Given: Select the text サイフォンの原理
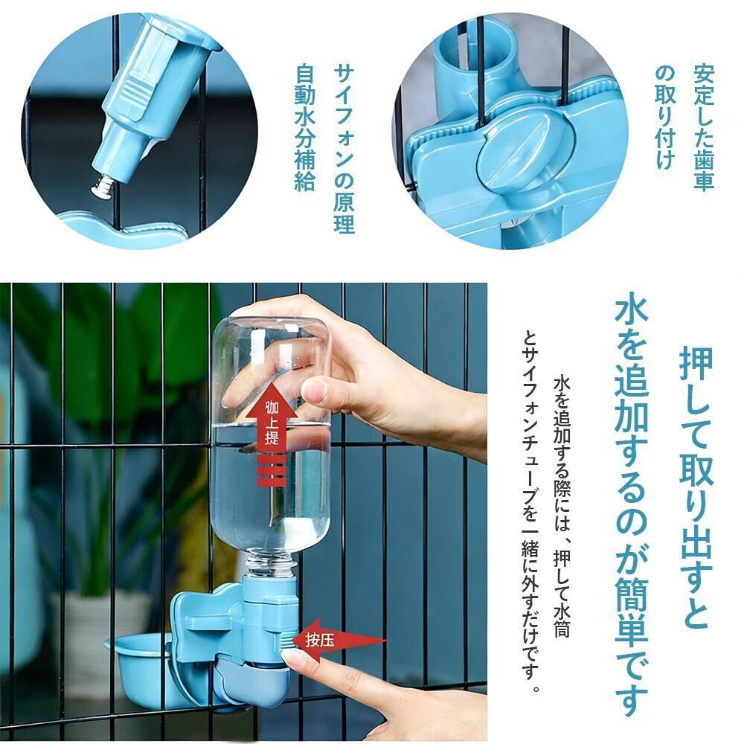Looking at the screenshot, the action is tap(343, 148).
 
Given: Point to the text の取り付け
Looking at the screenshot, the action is tap(665, 117).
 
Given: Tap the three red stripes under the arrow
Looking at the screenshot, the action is tap(272, 470).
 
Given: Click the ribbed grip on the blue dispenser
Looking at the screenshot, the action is tap(137, 98).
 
